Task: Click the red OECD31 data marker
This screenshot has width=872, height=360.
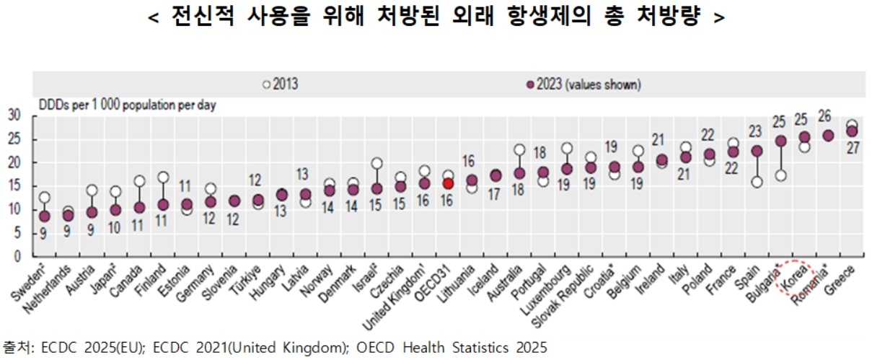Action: pyautogui.click(x=448, y=184)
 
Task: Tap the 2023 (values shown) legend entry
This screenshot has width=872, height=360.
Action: pyautogui.click(x=583, y=84)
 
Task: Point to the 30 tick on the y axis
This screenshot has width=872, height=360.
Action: pyautogui.click(x=14, y=115)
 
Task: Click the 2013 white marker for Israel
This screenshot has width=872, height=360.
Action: pyautogui.click(x=376, y=163)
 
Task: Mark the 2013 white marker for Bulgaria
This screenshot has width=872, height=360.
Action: pyautogui.click(x=780, y=175)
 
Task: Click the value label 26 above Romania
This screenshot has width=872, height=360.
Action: pyautogui.click(x=827, y=115)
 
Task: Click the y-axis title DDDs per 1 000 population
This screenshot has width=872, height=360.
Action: pyautogui.click(x=126, y=105)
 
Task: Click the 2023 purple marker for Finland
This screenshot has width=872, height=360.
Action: pyautogui.click(x=163, y=205)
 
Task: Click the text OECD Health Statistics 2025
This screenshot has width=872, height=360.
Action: pyautogui.click(x=453, y=348)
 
